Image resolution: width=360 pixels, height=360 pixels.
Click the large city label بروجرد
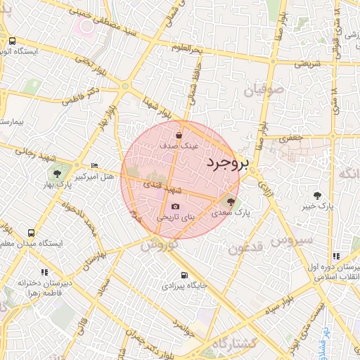coord(228,163)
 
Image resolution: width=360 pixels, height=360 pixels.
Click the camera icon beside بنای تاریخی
coord(175,206)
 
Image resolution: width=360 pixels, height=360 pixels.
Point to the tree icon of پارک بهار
coord(57,174)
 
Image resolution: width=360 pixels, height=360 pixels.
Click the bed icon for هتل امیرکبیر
coord(95,166)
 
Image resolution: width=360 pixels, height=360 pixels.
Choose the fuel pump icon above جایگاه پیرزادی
coord(184,275)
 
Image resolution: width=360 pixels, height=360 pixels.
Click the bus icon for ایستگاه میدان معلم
coord(31,233)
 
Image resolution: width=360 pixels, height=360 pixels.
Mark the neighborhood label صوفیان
coord(264,91)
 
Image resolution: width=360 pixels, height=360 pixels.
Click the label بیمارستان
coord(12,122)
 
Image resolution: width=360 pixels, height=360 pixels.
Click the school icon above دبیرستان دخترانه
coord(44,272)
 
